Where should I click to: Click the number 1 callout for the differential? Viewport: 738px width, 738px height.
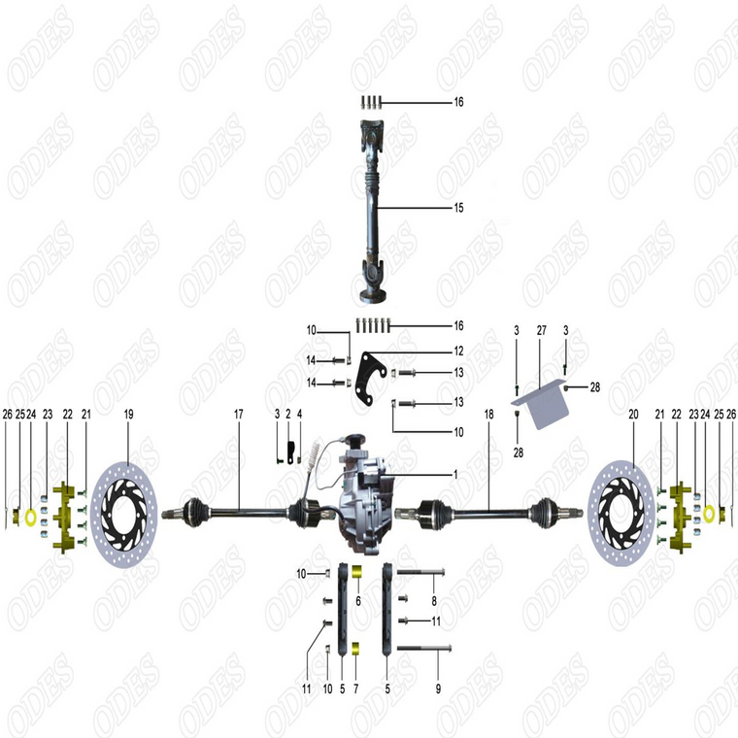pos(453,475)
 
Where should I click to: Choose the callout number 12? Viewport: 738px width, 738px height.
pos(458,351)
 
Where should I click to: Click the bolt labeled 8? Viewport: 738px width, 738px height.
pos(420,571)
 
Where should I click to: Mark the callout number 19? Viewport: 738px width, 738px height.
pos(128,415)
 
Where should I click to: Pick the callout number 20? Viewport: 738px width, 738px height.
pos(633,415)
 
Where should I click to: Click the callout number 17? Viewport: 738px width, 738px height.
pos(238,415)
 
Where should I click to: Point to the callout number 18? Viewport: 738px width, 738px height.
pos(489,415)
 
